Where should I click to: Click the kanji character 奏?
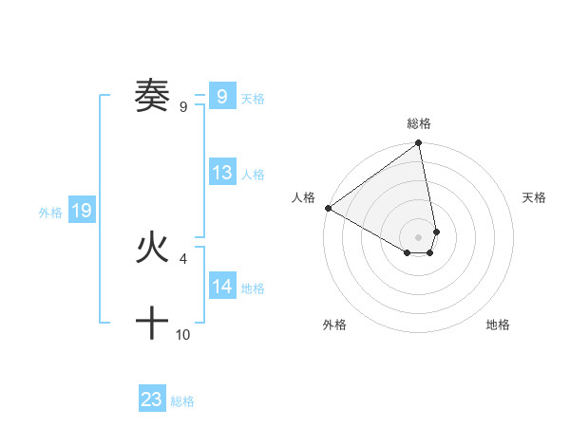point(152,96)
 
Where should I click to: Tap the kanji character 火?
point(152,249)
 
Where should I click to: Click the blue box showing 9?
point(221,96)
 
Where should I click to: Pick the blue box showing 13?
point(221,173)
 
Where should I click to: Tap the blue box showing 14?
point(221,287)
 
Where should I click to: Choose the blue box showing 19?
point(82,211)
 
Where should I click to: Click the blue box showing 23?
point(152,400)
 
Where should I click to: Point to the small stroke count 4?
point(182,258)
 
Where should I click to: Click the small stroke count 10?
point(183,335)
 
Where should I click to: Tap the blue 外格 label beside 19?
point(50,213)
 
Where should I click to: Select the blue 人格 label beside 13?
point(253,175)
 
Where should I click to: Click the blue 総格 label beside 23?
point(182,401)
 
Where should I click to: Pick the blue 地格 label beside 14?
point(253,288)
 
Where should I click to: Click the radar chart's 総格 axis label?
point(419,123)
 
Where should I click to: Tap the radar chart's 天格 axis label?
point(535,197)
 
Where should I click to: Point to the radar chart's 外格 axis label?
point(334,325)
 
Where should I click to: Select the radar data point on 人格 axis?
point(328,208)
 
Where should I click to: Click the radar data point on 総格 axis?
point(419,144)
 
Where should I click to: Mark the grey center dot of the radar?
point(419,236)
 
